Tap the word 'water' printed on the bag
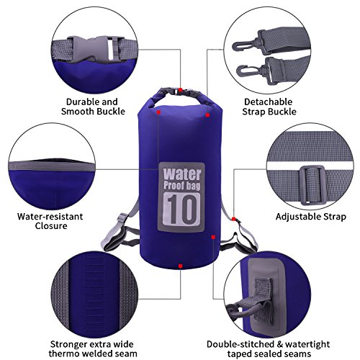coord(181,174)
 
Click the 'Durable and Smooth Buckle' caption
coord(93,107)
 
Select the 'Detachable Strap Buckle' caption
coord(269,107)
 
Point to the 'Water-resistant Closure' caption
coord(50,221)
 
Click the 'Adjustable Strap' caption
coord(311,217)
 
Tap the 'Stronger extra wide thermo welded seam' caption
coord(93,349)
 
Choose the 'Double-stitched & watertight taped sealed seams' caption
coord(269,349)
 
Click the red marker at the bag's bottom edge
coord(180,266)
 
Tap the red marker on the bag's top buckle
coord(180,90)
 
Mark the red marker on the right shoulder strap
coord(233,219)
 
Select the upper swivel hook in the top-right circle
coord(250,42)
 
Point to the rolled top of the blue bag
coord(180,98)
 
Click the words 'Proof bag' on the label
coord(181,186)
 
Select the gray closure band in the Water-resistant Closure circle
coord(51,166)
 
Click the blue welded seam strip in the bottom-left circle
coord(94,297)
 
